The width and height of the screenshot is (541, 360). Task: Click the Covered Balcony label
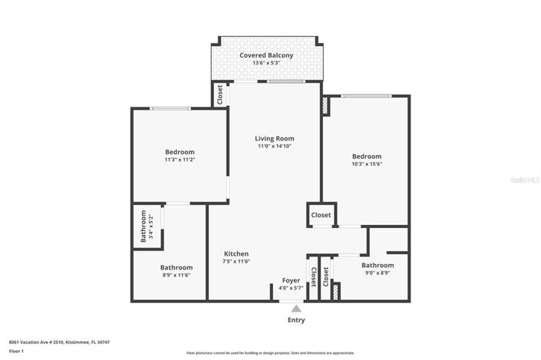(266, 55)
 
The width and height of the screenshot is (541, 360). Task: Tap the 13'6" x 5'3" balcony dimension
(266, 64)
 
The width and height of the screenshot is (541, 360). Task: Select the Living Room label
(274, 138)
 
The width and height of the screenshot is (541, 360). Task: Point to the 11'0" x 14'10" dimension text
(274, 146)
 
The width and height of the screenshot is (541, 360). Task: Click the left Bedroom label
(180, 151)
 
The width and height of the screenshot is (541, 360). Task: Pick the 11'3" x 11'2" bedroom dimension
(180, 160)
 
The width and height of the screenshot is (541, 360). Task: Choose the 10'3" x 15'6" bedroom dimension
(366, 163)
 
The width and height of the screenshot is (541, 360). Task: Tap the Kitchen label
(236, 253)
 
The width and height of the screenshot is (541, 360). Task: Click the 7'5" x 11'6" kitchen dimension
(236, 261)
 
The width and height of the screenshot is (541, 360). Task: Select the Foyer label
(291, 280)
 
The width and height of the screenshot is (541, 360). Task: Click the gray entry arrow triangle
(295, 308)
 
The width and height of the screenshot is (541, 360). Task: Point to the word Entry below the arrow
(295, 320)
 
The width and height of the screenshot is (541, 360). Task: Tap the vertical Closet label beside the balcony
(220, 94)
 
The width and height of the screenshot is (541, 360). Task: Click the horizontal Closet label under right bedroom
(321, 215)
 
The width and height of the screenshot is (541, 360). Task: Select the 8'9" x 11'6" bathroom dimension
(175, 275)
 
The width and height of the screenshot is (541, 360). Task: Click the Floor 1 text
(16, 351)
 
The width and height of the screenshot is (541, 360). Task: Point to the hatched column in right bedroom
(325, 106)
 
